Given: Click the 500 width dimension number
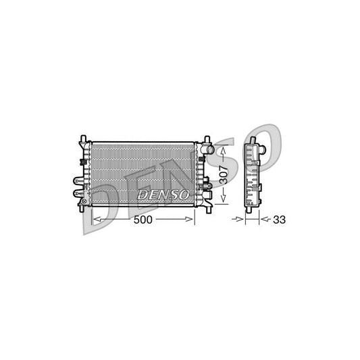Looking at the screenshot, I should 143,220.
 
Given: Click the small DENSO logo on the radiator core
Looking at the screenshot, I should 162,194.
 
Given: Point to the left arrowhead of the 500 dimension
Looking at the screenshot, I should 94,220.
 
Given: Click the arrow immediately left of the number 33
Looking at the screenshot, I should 265,220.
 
